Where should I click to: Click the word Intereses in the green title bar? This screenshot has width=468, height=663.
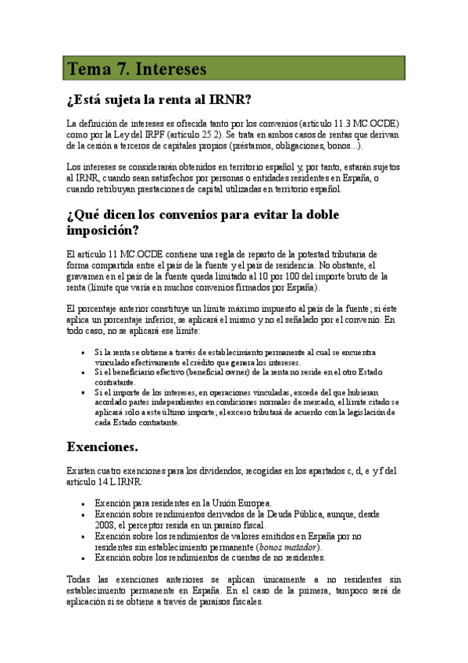click(171, 70)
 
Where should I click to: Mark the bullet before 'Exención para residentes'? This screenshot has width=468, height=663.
click(84, 504)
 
